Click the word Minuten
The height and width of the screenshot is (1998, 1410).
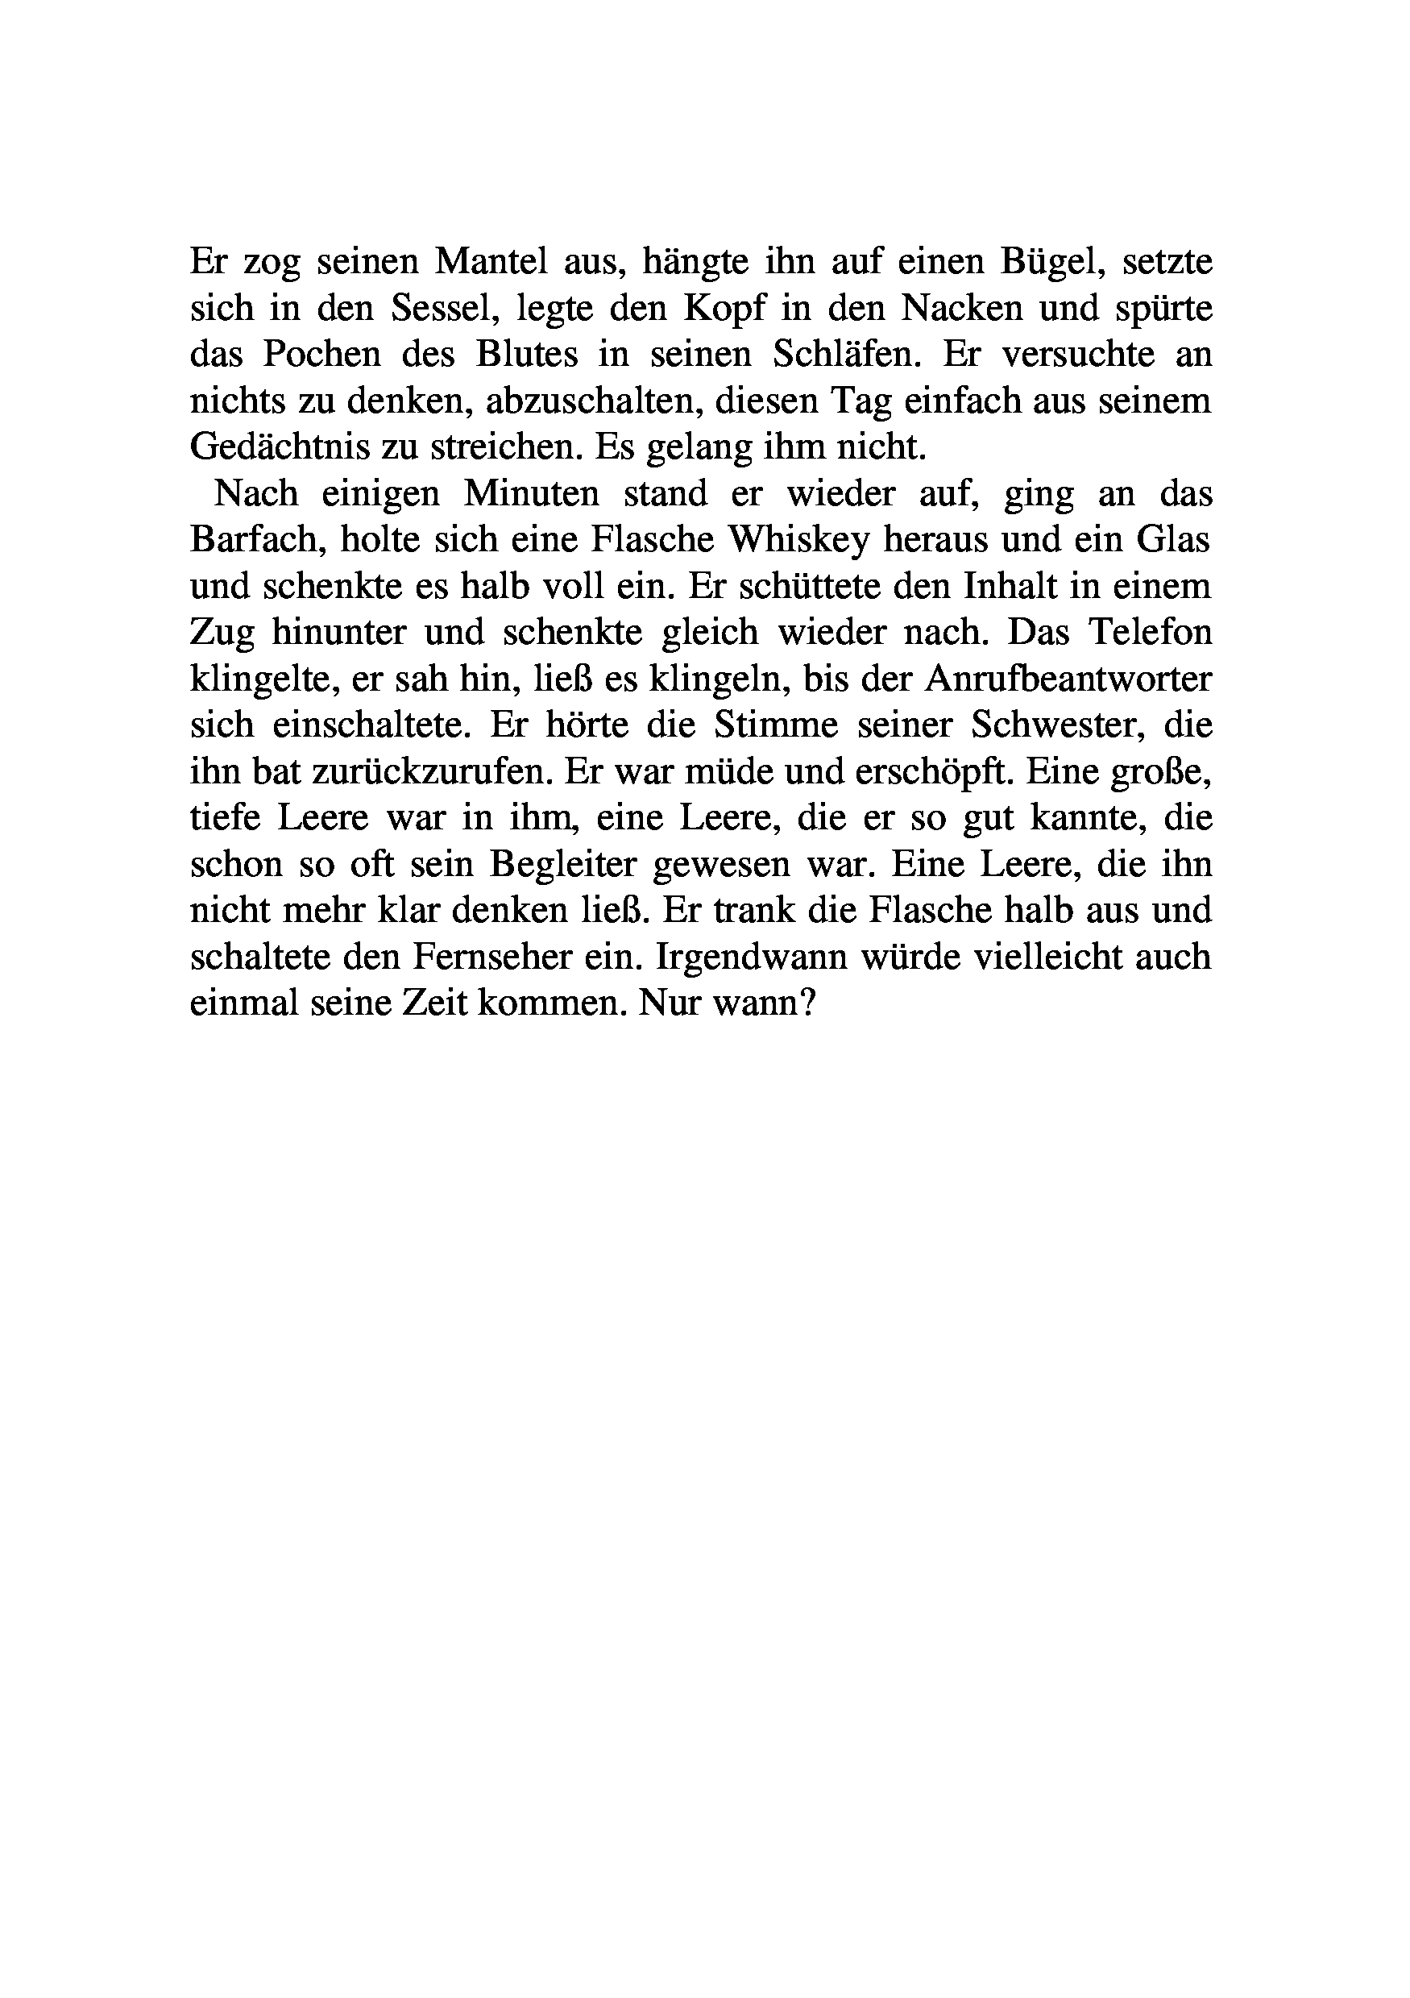(x=532, y=493)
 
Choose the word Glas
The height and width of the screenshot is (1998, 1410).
(x=1173, y=539)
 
